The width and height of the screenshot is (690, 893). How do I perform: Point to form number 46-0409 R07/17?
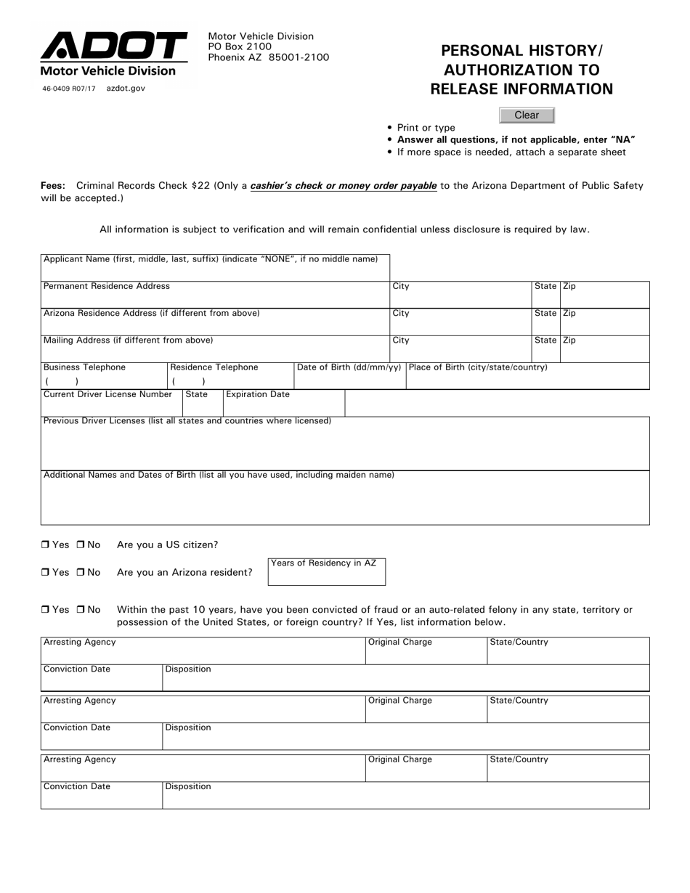[69, 89]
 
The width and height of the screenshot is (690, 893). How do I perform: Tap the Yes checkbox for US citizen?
[45, 545]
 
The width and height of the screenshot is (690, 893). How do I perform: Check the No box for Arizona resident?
[81, 573]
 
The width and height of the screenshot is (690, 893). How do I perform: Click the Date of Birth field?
[349, 380]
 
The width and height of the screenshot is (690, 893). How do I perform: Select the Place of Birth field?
[527, 380]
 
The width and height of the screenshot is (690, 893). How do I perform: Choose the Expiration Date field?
[283, 407]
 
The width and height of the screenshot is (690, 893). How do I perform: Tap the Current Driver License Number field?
[111, 407]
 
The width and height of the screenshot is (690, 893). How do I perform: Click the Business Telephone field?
[104, 380]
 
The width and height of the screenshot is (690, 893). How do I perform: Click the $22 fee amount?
[201, 186]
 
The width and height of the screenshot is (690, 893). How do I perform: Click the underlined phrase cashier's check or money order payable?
[344, 186]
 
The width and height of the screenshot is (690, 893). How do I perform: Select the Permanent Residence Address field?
[215, 298]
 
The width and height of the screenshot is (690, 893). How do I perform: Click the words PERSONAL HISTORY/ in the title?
[521, 51]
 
